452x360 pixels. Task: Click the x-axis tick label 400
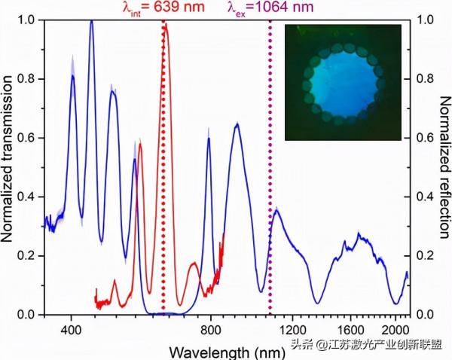click(x=71, y=329)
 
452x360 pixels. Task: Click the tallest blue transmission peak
click(x=91, y=22)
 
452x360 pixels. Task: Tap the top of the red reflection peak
click(x=166, y=24)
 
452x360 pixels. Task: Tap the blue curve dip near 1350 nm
click(x=317, y=303)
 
